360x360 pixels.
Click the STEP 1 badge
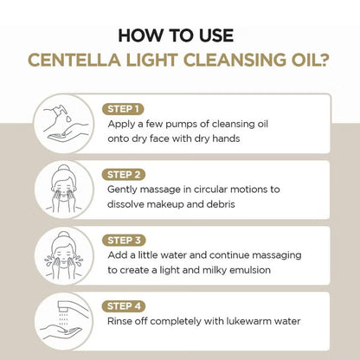123,108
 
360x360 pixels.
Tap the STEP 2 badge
123,173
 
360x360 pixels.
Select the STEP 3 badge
123,240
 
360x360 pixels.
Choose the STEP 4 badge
123,305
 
